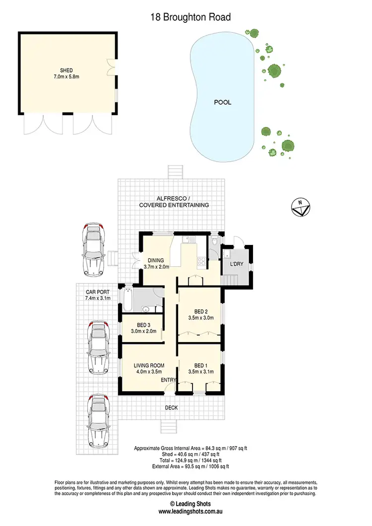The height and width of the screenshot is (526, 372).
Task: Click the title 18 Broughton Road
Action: point(190,17)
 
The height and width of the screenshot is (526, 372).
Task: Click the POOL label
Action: point(222,103)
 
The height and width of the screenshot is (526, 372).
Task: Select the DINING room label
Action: point(156,259)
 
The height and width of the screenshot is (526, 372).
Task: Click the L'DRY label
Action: point(236,264)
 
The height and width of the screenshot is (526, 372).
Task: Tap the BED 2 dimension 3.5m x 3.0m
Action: point(200,318)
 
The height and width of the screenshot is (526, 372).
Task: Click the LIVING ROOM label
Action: point(149,366)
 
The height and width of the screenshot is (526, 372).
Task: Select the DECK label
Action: point(171,408)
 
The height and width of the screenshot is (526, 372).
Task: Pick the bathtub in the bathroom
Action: point(125,298)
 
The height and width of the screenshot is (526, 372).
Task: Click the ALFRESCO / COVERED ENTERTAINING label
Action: point(174,201)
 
